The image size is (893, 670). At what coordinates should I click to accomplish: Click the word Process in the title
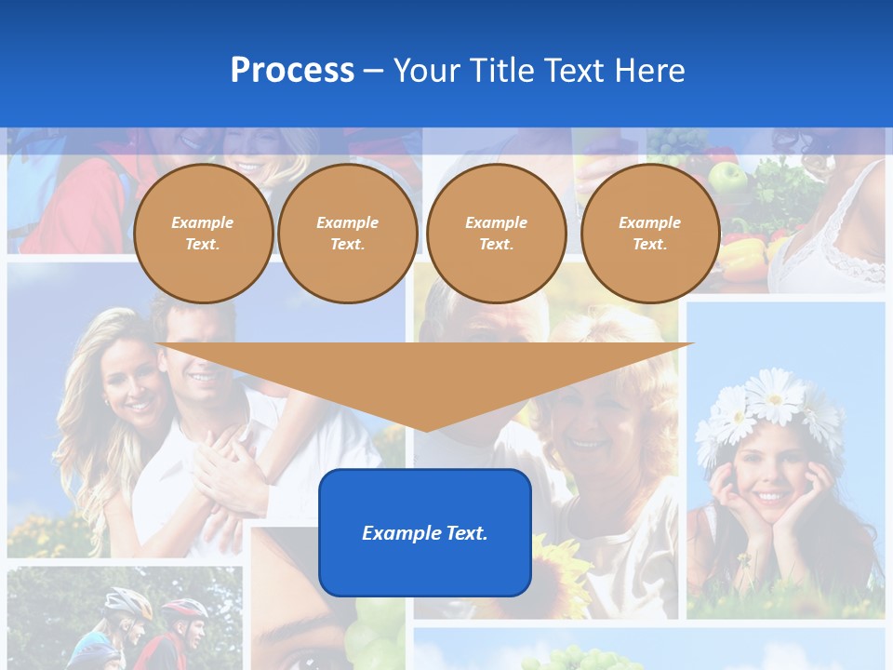tap(292, 71)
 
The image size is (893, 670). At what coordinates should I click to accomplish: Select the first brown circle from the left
tap(203, 234)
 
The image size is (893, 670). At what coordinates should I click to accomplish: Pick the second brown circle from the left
tap(347, 234)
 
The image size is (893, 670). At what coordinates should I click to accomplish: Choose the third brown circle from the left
tap(496, 234)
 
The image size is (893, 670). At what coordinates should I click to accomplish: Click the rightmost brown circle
tap(649, 234)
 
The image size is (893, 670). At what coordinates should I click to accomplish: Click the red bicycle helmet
tap(185, 609)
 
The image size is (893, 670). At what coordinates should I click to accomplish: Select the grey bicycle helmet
tap(127, 604)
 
